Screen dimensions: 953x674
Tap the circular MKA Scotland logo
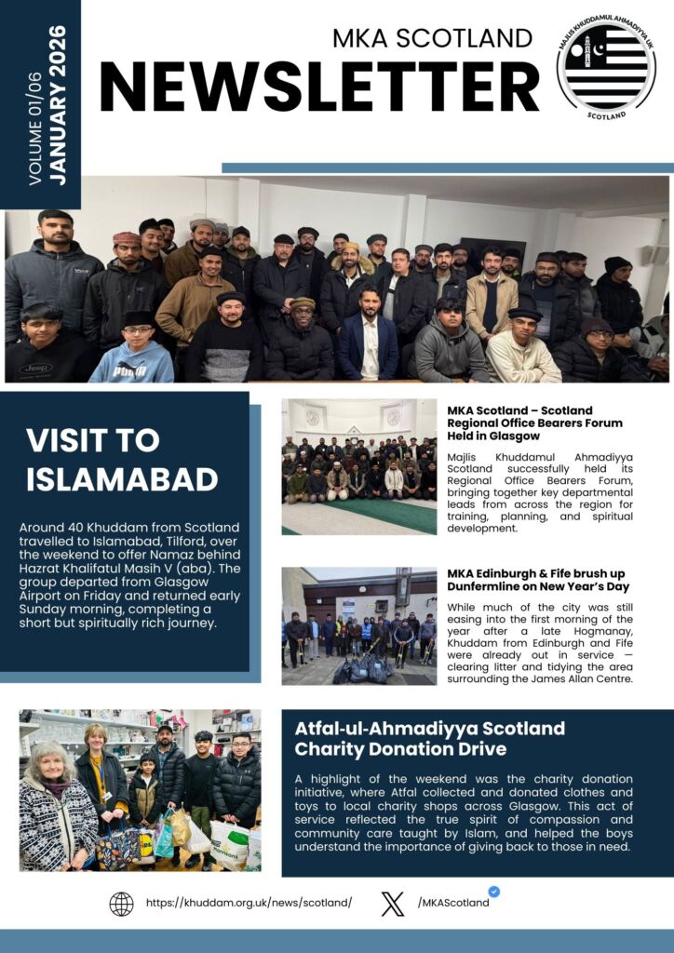[606, 68]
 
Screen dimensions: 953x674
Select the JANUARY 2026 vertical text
[58, 105]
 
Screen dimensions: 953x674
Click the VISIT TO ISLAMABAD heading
[122, 460]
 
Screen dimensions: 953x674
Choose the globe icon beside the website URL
[121, 904]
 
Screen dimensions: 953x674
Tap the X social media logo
[393, 904]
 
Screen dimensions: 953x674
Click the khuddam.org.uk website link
[249, 903]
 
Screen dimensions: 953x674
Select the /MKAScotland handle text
[453, 903]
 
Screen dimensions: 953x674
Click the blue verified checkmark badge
[493, 891]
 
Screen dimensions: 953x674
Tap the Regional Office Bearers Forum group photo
[359, 467]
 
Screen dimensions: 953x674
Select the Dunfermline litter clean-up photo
[359, 625]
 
